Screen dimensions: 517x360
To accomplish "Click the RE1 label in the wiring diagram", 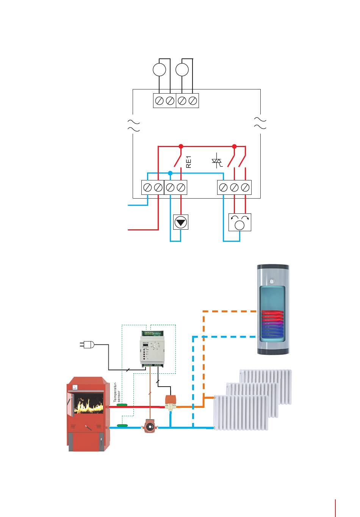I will (189, 162).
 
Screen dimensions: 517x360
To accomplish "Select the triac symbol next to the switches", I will (217, 161).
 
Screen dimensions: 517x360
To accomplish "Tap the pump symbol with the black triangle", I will (181, 222).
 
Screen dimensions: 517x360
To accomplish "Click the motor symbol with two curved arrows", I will (240, 222).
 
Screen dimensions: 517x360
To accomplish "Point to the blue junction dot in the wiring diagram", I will (170, 173).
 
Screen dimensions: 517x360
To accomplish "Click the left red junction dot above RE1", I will (181, 146).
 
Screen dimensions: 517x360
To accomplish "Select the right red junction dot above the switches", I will (234, 146).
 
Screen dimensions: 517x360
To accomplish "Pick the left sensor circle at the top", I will (159, 70).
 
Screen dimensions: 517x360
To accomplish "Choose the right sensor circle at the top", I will (182, 70).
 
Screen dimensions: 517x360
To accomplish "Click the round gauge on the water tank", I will (271, 281).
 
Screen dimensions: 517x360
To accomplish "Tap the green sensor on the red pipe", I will (122, 405).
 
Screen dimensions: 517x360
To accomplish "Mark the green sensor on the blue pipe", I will (122, 425).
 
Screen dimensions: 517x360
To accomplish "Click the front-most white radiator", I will (241, 413).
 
